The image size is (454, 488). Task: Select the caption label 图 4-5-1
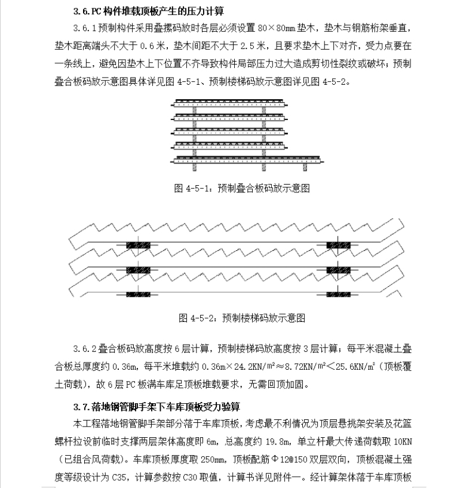tap(190, 188)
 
